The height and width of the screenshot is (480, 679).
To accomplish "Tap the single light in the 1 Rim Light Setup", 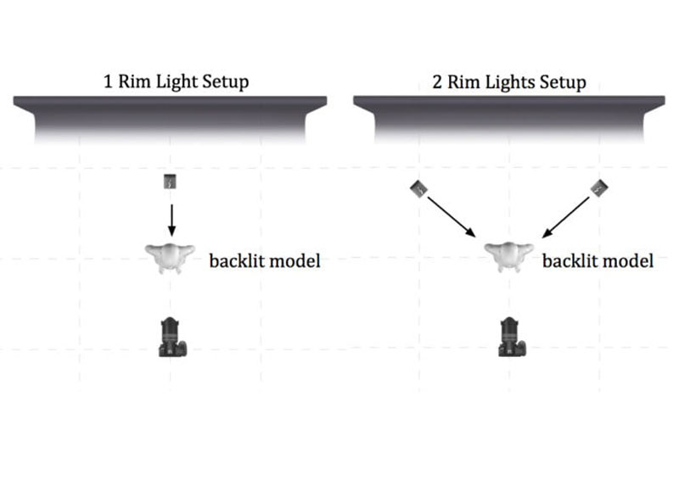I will (x=171, y=182).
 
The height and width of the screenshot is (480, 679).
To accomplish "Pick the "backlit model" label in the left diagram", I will (x=265, y=260).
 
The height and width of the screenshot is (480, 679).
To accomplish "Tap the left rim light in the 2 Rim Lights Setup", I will (x=418, y=187).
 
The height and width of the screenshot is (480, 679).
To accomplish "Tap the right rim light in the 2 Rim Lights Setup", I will (x=600, y=187).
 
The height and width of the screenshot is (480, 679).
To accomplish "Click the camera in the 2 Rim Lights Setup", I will (x=510, y=338).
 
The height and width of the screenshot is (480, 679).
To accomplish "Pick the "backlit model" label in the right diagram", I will (x=598, y=260).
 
